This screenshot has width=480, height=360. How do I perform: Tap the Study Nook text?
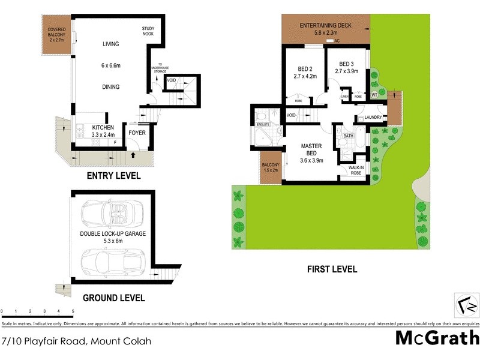pyautogui.click(x=148, y=31)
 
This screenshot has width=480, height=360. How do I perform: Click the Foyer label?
pyautogui.click(x=137, y=133)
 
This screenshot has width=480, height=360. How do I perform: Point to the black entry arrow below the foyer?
pyautogui.click(x=133, y=156)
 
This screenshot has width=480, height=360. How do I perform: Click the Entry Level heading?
pyautogui.click(x=113, y=176)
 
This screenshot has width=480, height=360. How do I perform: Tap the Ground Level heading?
pyautogui.click(x=113, y=298)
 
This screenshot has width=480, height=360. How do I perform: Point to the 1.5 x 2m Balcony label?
pyautogui.click(x=271, y=167)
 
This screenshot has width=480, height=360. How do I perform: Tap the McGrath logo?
pyautogui.click(x=437, y=337)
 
